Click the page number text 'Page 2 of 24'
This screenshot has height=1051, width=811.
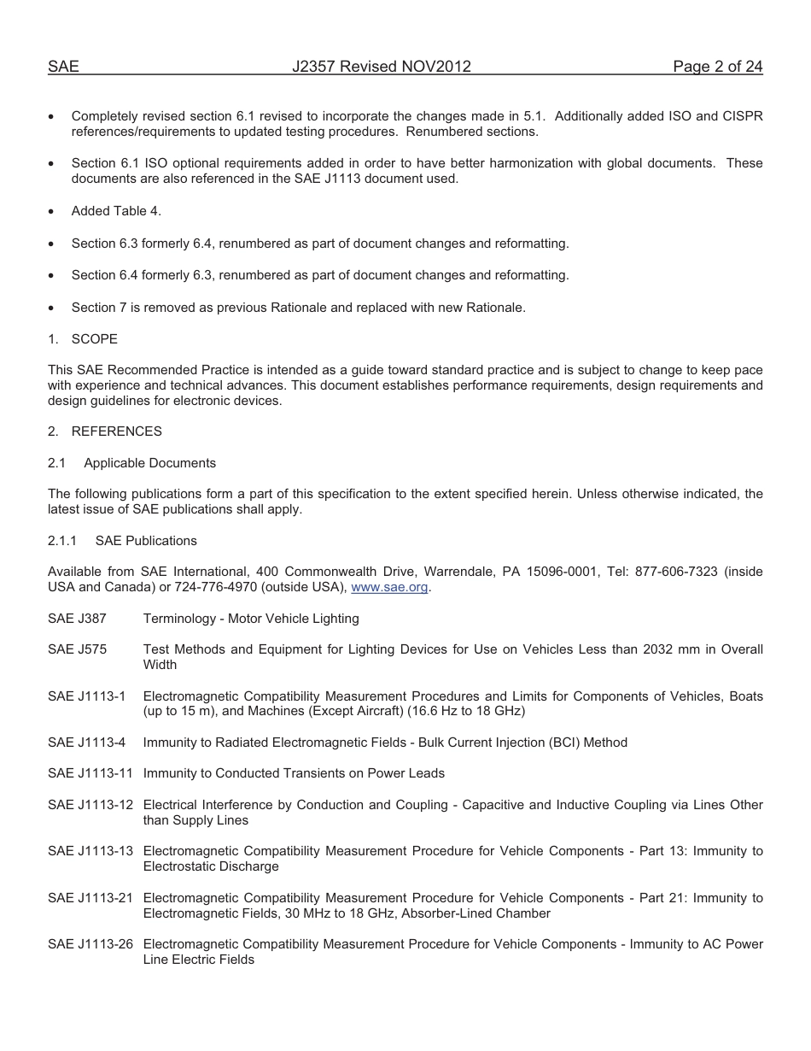(717, 67)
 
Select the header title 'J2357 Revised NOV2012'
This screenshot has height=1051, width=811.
(382, 67)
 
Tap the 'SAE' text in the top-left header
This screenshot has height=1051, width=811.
(63, 67)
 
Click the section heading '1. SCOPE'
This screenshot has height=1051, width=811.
(83, 339)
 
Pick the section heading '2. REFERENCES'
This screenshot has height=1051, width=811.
(105, 432)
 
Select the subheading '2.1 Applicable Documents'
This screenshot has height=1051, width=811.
(132, 463)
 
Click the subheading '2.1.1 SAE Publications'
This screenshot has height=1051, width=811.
(122, 541)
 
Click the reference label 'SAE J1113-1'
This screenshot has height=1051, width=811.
(86, 696)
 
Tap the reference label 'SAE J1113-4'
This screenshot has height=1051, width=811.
(86, 743)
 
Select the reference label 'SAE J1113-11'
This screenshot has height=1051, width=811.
(90, 773)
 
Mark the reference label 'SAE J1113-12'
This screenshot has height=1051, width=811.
(90, 805)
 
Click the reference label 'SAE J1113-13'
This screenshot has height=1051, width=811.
(90, 851)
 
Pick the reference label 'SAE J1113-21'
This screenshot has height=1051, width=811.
(90, 898)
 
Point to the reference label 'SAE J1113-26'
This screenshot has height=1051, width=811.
(90, 944)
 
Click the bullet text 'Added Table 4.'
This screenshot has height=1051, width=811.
(116, 211)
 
